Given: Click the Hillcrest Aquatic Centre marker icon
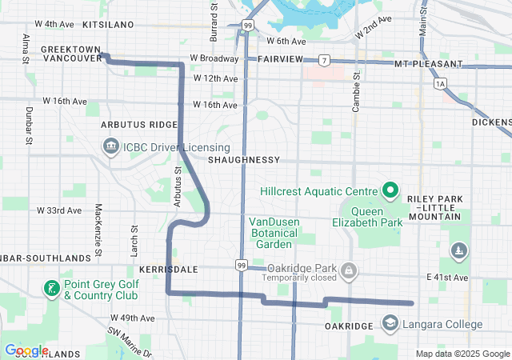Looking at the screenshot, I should click(x=389, y=191).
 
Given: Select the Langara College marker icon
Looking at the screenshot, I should click(x=390, y=324).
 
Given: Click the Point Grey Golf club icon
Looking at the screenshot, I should click(x=51, y=289).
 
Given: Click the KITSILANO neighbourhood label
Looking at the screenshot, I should click(x=108, y=25).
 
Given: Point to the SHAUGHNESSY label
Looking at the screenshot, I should click(x=243, y=160).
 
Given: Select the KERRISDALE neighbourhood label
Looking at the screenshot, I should click(x=168, y=270).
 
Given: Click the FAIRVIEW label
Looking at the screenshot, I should click(x=280, y=60).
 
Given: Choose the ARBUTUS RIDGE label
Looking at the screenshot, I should click(x=139, y=125).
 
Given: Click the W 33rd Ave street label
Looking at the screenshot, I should click(x=59, y=210).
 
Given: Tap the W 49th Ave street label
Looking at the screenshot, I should click(x=131, y=318).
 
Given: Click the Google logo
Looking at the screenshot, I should click(x=27, y=350).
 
